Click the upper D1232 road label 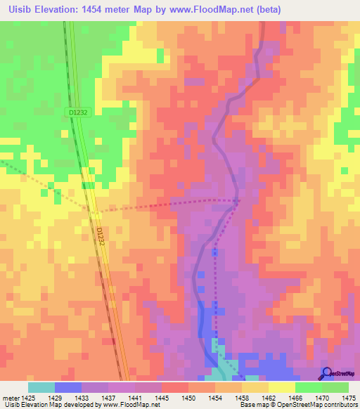tap(78, 112)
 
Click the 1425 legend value tap(28, 398)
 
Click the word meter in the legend tap(10, 398)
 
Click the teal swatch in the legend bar tap(41, 387)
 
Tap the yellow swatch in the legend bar tap(281, 387)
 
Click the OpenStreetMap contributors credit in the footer tap(313, 405)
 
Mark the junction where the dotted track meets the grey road tap(239, 201)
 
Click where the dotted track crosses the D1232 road tap(94, 210)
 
